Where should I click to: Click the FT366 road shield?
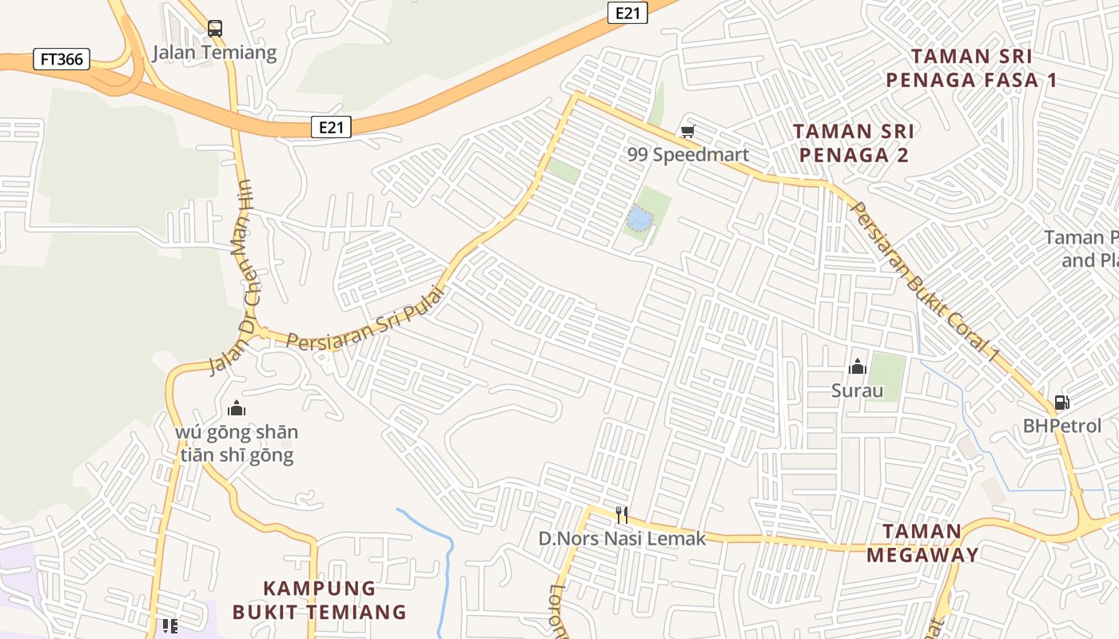[62, 59]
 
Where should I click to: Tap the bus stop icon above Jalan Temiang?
[214, 29]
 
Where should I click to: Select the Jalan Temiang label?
[214, 54]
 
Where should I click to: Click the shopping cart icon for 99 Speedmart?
[687, 131]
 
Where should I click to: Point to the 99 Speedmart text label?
[688, 155]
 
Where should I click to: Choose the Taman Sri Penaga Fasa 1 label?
[971, 68]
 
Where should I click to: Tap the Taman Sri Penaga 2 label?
[853, 143]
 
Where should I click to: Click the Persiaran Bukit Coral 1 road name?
[925, 281]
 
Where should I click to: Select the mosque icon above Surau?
[858, 367]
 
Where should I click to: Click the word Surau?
[858, 391]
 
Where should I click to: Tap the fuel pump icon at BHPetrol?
[1061, 403]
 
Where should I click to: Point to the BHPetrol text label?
[1062, 427]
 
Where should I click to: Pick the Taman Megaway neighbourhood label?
[922, 543]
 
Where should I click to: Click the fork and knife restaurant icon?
[622, 514]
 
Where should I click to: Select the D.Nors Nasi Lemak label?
[623, 539]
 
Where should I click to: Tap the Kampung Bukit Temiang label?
[320, 600]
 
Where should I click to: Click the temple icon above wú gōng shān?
[237, 409]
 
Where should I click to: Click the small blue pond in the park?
[639, 218]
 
